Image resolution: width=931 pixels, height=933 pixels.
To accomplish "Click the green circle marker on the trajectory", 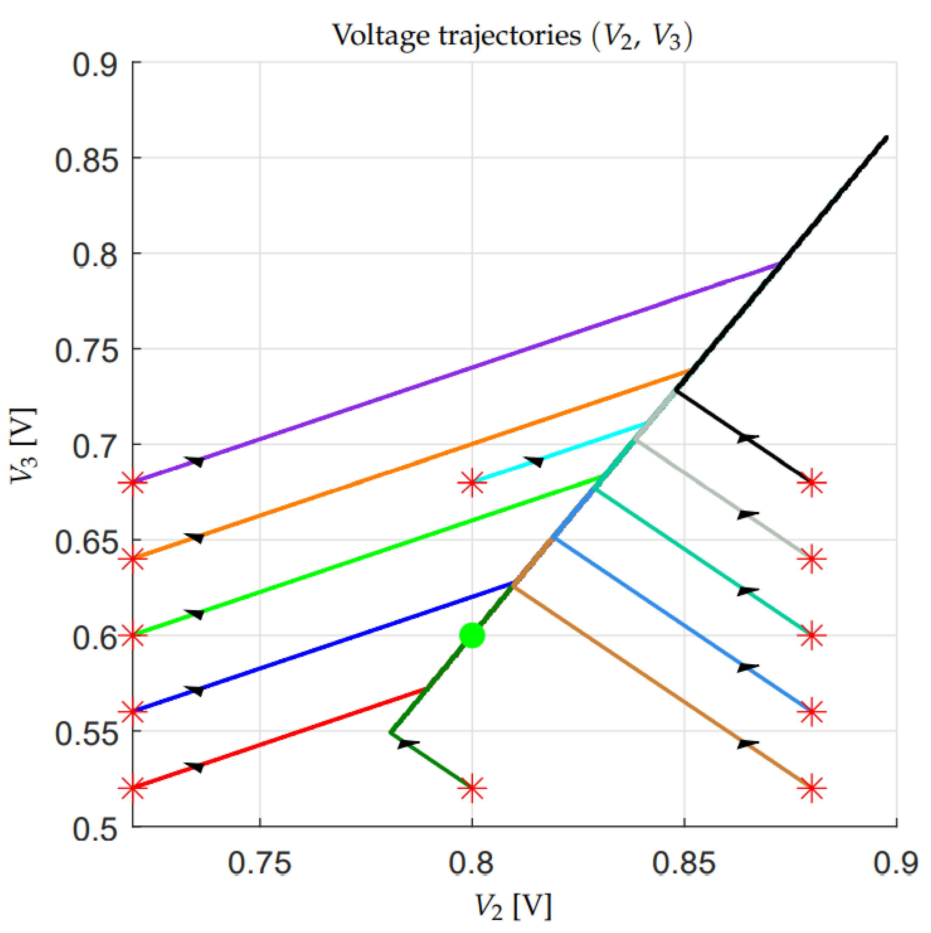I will (x=472, y=636).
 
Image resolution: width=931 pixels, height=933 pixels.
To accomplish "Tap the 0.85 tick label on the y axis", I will (x=86, y=161).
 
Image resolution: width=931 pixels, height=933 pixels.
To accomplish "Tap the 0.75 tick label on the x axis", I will (x=260, y=863).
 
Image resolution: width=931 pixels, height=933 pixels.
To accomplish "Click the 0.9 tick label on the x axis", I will (x=895, y=863).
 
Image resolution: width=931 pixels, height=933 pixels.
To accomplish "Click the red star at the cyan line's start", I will (x=472, y=483).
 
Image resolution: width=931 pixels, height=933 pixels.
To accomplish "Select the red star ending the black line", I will (x=811, y=482).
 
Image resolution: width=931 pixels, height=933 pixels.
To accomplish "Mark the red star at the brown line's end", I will (x=811, y=788).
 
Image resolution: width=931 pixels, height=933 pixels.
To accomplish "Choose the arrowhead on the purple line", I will (x=195, y=461).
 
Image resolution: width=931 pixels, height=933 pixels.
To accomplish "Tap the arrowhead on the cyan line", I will (x=534, y=461).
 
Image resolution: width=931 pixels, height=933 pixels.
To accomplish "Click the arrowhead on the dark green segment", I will (x=408, y=744).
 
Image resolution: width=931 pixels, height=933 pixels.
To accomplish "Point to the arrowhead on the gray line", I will (x=748, y=514).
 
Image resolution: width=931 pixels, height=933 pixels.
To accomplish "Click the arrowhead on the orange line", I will (x=195, y=537).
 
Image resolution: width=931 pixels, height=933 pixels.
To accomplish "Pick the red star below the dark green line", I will (x=472, y=788).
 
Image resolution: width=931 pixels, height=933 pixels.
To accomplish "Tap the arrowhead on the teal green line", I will (x=748, y=591).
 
